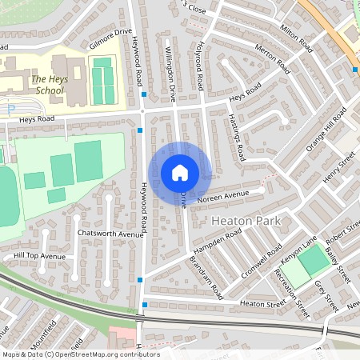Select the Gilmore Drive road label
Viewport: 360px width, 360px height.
(110, 38)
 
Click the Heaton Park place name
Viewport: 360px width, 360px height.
(241, 218)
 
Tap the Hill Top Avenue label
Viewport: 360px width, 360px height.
(39, 256)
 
